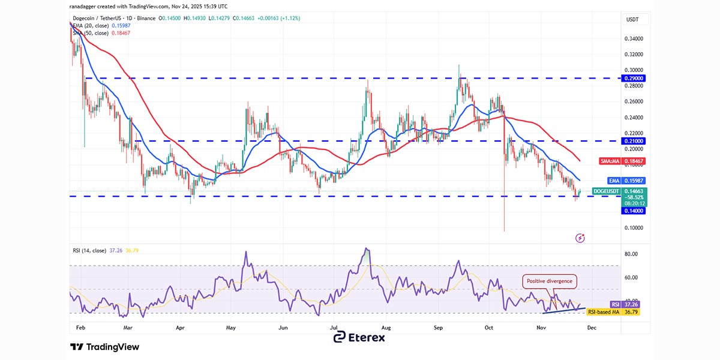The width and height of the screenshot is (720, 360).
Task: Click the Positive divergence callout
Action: click(x=550, y=281)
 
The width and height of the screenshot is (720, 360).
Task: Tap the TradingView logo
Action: click(x=105, y=347)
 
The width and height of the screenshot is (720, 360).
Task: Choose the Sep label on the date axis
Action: click(x=439, y=328)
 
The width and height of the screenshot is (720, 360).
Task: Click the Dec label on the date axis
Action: click(x=592, y=328)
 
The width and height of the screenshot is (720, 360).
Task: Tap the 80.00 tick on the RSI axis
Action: click(x=631, y=254)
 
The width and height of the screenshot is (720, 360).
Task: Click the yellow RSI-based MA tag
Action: click(x=613, y=312)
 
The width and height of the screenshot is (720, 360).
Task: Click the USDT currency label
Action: click(x=632, y=20)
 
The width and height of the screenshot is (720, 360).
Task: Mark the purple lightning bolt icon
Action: click(x=580, y=238)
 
